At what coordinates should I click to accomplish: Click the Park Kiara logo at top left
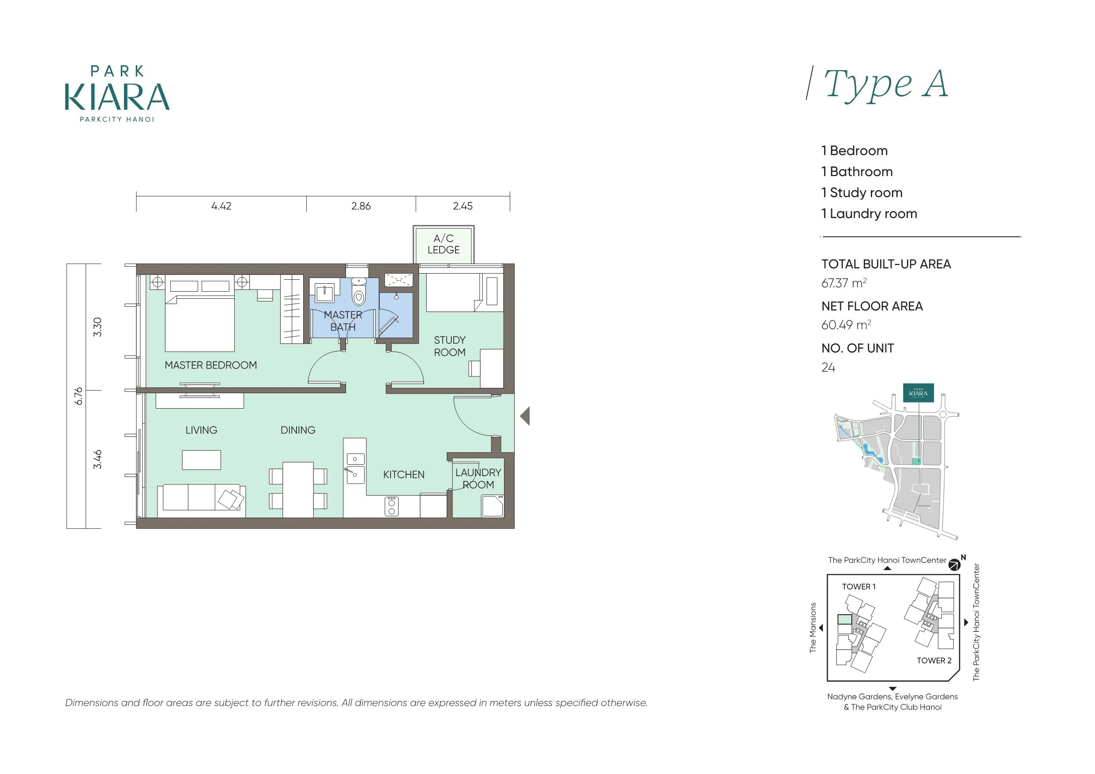(117, 94)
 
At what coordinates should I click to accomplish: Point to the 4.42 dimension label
(221, 206)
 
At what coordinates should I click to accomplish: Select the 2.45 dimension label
(463, 206)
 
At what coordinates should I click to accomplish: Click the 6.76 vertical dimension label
(79, 396)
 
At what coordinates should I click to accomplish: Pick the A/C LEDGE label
(444, 244)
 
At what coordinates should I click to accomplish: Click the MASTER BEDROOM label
(211, 365)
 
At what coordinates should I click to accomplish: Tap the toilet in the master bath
(359, 292)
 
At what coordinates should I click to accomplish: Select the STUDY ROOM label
(450, 346)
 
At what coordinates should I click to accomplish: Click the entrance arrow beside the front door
(525, 416)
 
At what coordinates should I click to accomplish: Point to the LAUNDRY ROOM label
(478, 479)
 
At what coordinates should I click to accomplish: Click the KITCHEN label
(404, 474)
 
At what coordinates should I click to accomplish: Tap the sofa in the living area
(201, 501)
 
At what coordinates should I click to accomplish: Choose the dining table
(298, 489)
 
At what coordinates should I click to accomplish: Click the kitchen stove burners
(391, 506)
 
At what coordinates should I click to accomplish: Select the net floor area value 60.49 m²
(846, 325)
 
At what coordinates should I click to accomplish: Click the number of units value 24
(828, 367)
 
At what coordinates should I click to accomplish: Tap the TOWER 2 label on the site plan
(934, 661)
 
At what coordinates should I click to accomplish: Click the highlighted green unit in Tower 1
(845, 620)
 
